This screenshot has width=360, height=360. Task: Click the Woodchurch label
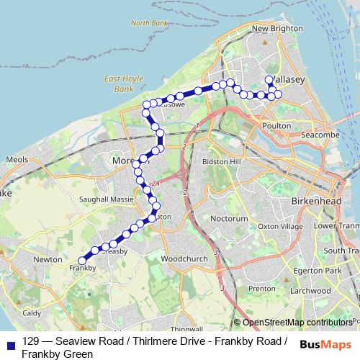pos(181,257)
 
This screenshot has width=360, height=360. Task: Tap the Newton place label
pos(48,258)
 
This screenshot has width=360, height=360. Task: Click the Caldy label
pos(32,313)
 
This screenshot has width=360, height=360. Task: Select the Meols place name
pos(16,159)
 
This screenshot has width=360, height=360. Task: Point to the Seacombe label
pos(320,135)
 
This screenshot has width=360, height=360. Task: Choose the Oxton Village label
pos(281,226)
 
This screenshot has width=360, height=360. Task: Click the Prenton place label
pos(261,288)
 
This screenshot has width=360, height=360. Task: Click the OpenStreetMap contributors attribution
pos(297,323)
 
